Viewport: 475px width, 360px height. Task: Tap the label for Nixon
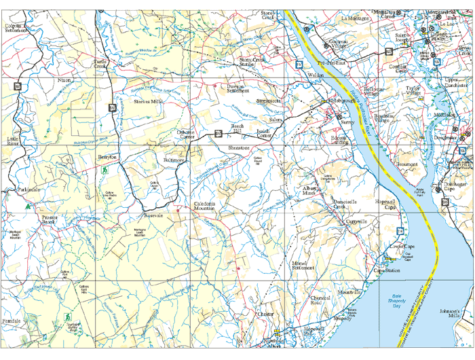(64, 80)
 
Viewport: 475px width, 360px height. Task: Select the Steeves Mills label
(148, 101)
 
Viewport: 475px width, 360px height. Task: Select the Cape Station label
(387, 270)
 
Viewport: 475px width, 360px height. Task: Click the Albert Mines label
(311, 190)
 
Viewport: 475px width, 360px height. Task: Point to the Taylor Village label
(413, 90)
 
